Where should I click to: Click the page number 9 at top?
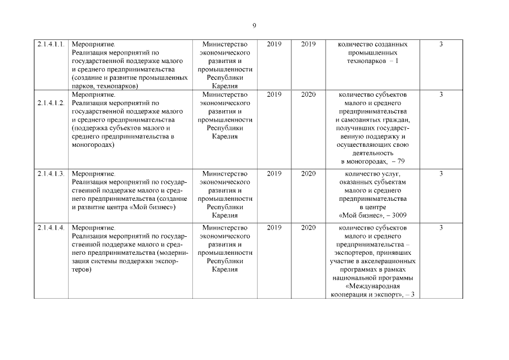[254, 26]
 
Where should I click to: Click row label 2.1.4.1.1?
[51, 44]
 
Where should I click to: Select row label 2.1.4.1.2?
[51, 103]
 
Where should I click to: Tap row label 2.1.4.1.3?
[51, 174]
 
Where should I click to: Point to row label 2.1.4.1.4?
[51, 228]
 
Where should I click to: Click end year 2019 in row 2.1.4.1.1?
[308, 44]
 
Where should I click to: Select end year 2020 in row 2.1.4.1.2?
[308, 94]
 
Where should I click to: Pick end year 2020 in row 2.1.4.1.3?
[308, 174]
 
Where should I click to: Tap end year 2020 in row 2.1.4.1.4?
[308, 228]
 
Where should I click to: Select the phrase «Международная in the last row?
[373, 287]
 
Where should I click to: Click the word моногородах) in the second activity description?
[93, 145]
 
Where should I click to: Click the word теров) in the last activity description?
[82, 270]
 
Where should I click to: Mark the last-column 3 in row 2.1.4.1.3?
[441, 174]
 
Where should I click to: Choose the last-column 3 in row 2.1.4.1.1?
[441, 44]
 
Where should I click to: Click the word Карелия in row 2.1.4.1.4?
[224, 270]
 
